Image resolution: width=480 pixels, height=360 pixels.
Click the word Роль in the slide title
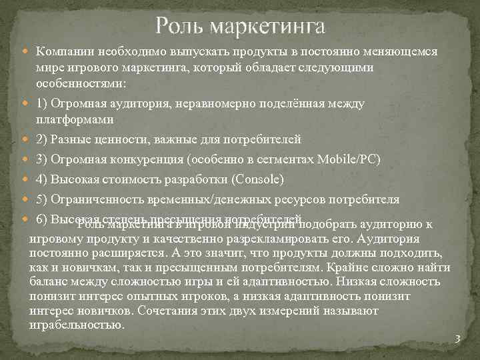click(179, 27)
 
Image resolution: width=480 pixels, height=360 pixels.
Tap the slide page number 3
click(457, 339)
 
